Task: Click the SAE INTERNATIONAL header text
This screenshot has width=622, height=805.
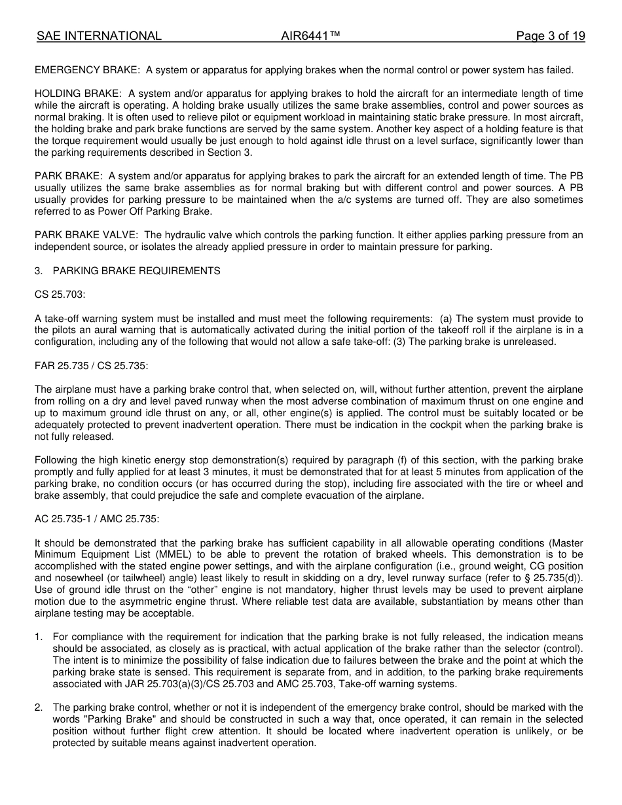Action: [99, 36]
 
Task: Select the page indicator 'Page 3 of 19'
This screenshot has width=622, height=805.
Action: [550, 36]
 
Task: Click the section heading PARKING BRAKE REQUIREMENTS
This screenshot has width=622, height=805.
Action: [136, 271]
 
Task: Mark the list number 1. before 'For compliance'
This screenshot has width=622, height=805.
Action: [39, 637]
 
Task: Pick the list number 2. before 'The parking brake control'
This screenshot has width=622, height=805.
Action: [39, 707]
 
